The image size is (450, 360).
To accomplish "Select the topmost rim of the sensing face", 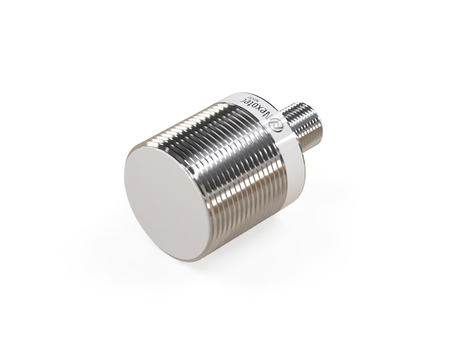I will (x=160, y=140).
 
